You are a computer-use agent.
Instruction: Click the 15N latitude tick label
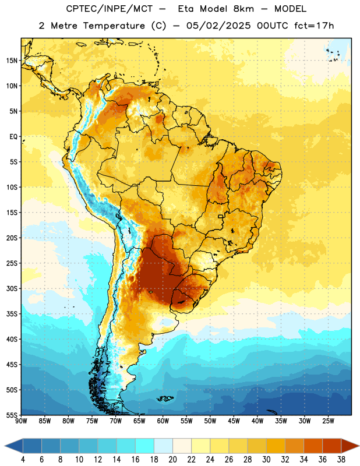(x=12, y=61)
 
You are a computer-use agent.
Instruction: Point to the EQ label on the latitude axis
(x=13, y=137)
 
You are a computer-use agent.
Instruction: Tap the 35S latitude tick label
(x=12, y=314)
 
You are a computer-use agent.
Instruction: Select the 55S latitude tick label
(x=12, y=415)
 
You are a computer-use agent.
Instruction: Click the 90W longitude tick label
(x=22, y=421)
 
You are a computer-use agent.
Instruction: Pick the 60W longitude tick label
(x=163, y=421)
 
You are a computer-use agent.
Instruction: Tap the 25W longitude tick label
(x=328, y=421)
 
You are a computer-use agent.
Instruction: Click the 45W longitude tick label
(x=234, y=421)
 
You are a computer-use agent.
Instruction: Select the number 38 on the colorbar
(x=341, y=460)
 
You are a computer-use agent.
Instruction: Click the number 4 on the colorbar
(x=23, y=460)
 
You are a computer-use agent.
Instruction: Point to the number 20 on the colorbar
(x=172, y=460)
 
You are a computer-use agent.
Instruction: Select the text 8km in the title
(x=243, y=9)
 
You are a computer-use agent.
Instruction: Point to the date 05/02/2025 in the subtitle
(x=218, y=26)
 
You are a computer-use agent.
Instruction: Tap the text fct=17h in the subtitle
(x=314, y=26)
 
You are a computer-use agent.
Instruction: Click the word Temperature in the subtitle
(x=114, y=26)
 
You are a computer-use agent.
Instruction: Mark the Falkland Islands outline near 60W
(x=165, y=398)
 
